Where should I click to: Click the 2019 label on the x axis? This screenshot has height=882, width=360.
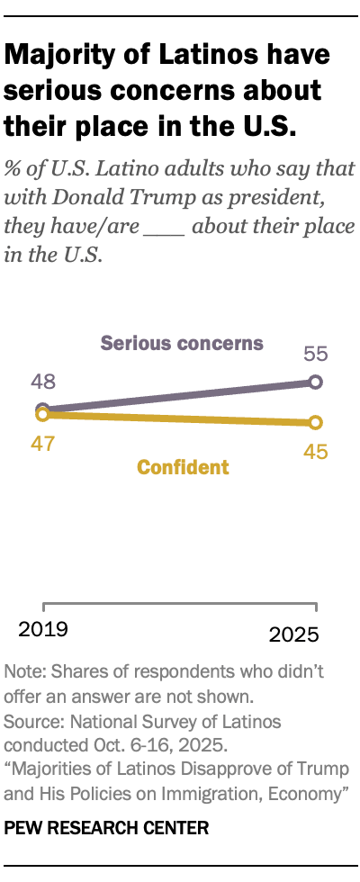(x=43, y=628)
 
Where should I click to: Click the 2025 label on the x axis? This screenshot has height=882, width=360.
(x=294, y=634)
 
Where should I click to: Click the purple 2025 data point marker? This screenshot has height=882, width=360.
(x=314, y=382)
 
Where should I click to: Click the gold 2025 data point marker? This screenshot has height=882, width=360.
(x=314, y=422)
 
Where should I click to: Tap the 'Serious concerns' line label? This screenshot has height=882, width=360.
(x=182, y=343)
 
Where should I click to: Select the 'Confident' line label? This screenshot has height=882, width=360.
(x=183, y=467)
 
